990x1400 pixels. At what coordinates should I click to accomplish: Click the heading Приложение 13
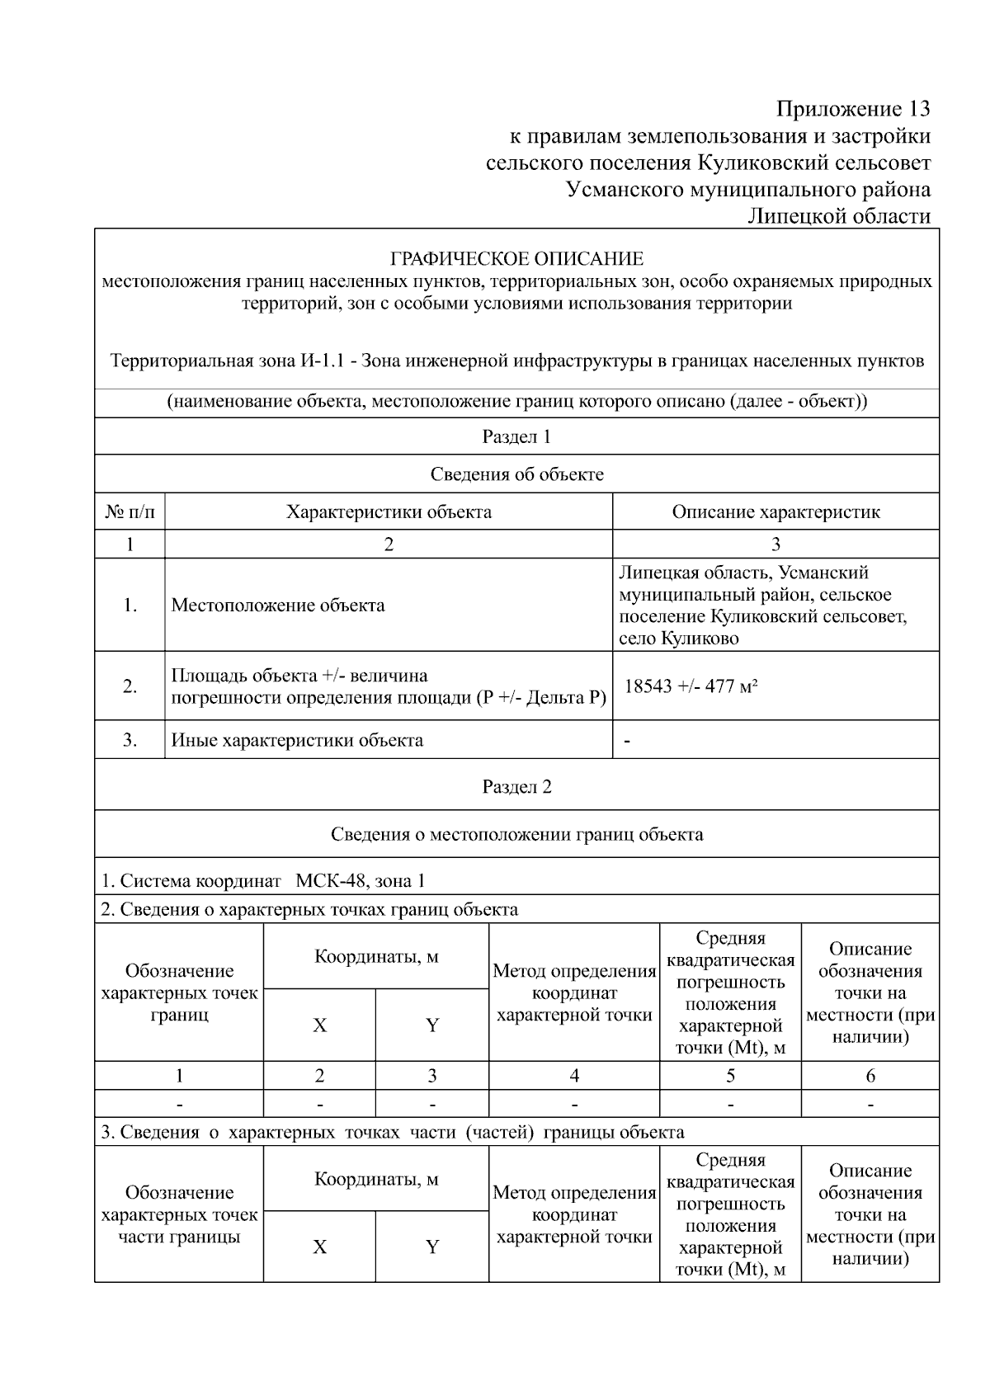coord(853,109)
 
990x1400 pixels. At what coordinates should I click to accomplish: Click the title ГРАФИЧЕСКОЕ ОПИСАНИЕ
coord(516,259)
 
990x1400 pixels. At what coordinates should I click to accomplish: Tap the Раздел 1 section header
coord(516,437)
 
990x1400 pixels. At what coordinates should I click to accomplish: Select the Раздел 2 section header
coord(516,787)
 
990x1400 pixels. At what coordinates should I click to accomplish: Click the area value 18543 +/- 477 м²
coord(691,686)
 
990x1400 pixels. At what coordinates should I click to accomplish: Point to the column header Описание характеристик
coord(775,511)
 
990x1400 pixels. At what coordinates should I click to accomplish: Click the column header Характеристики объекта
coord(389,511)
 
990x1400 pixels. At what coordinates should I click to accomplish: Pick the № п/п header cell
coord(130,511)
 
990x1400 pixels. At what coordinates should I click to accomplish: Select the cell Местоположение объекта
coord(278,606)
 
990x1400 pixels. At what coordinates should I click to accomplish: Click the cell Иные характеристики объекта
coord(297,740)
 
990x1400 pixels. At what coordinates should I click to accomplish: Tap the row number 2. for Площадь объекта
coord(130,686)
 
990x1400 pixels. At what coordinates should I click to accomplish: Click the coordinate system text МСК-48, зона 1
coord(360,881)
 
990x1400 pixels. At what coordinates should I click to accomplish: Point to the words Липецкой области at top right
coord(838,216)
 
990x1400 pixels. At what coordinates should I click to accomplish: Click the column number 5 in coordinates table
coord(730,1076)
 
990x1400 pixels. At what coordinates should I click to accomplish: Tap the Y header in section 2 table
coord(432,1025)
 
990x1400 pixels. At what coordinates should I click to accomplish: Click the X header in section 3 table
coord(319,1247)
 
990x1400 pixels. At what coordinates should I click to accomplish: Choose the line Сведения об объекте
coord(516,474)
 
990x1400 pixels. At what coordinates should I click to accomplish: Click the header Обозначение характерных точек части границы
coord(179,1214)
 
